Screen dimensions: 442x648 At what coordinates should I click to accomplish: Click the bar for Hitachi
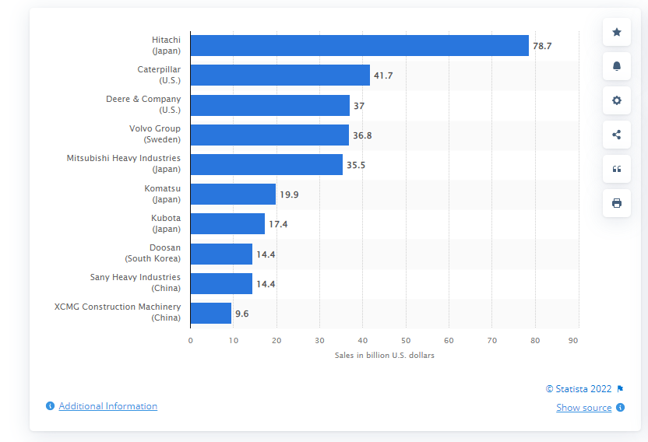(359, 45)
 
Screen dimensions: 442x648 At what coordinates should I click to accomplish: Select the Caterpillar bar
(280, 75)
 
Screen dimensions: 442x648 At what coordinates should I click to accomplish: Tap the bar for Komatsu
(233, 194)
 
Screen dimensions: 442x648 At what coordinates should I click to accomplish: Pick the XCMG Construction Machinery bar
(210, 313)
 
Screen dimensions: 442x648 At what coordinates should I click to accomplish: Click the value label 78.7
(542, 46)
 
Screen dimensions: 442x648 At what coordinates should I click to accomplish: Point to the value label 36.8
(362, 135)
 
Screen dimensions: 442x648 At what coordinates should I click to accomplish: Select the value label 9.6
(243, 313)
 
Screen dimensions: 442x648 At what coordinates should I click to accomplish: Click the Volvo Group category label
(154, 134)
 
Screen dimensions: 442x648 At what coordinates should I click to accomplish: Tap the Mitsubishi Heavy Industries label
(123, 163)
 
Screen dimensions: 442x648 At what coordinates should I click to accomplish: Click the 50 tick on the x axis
(406, 340)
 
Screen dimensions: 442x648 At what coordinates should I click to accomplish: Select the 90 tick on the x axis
(572, 340)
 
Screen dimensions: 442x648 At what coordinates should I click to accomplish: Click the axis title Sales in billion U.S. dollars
(384, 355)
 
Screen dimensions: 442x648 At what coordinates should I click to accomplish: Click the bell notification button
(617, 66)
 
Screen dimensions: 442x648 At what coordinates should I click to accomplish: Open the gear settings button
(617, 100)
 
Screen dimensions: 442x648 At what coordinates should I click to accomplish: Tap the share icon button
(617, 135)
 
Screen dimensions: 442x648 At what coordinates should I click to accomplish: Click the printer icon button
(617, 203)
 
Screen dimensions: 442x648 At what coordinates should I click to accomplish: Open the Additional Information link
(107, 406)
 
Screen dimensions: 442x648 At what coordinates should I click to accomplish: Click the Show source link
(583, 408)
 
